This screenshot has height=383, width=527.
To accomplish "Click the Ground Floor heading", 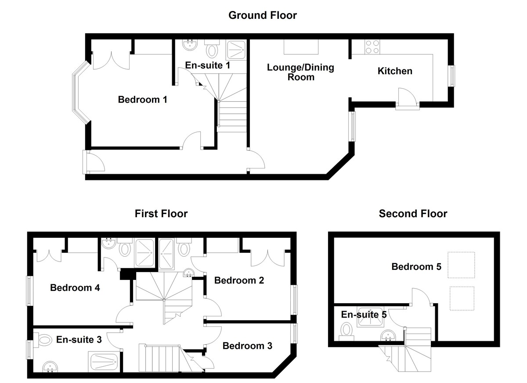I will tap(263, 16).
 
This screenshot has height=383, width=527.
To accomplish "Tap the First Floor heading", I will tap(161, 214).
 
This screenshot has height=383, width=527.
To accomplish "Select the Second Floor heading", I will tap(413, 214).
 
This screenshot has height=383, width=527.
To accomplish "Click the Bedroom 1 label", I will tap(143, 100).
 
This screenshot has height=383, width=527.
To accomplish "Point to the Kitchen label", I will tap(395, 71).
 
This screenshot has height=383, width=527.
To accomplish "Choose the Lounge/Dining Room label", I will tap(300, 72).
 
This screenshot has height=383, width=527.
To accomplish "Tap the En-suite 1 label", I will tap(208, 65).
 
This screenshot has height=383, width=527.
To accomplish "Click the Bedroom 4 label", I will tap(75, 288).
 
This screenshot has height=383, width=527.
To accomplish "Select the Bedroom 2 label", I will tap(239, 280).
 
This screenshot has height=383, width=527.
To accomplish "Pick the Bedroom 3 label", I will tap(247, 346).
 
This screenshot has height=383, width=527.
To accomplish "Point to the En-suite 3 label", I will tap(79, 339).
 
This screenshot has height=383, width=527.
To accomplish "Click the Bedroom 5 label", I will tap(416, 266).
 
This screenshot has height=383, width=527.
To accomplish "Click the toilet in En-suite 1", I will tap(212, 50).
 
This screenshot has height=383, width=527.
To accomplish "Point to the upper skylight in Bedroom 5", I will tap(461, 265).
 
